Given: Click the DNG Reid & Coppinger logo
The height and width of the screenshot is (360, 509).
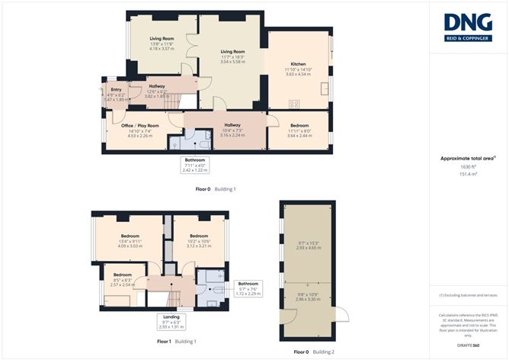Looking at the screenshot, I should coord(467,28).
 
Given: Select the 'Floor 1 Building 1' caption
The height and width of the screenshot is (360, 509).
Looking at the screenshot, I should coord(176,341).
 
